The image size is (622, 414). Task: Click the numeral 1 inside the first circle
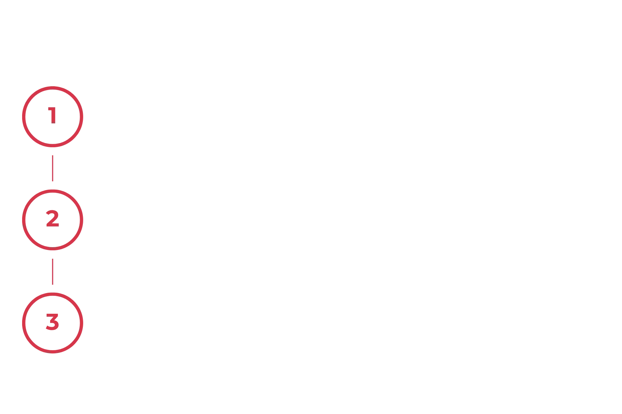(x=53, y=116)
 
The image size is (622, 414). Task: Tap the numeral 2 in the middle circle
(x=53, y=219)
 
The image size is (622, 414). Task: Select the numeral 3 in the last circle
(x=53, y=322)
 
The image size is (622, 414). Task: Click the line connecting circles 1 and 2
(x=53, y=168)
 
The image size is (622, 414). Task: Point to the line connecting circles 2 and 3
(x=53, y=272)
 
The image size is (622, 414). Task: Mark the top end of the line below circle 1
(x=53, y=155)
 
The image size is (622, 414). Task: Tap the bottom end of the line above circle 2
(x=53, y=181)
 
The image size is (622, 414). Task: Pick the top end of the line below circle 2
(x=53, y=259)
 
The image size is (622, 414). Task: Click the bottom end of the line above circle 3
(x=53, y=285)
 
